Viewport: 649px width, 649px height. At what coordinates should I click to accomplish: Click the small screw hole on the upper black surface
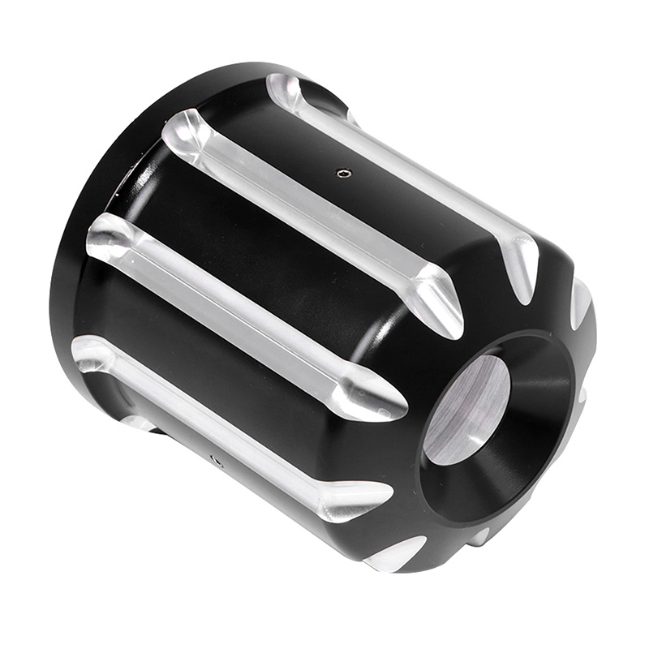342,172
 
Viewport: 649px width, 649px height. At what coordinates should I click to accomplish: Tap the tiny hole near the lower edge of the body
216,459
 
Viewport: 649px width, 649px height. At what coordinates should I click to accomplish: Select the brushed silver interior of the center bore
466,410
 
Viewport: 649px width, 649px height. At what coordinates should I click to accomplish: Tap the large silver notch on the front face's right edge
580,300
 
